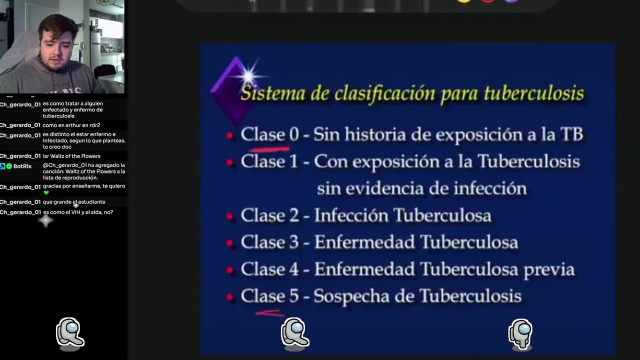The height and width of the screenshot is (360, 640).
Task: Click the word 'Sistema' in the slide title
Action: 273,93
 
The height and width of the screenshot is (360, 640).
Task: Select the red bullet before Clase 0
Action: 229,135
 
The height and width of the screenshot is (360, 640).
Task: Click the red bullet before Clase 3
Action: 229,243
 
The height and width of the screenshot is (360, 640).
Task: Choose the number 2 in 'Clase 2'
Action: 294,215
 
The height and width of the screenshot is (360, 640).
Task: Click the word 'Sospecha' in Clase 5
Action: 351,296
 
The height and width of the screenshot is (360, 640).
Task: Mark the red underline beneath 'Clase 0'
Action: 269,149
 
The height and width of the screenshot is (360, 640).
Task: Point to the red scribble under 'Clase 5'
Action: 269,313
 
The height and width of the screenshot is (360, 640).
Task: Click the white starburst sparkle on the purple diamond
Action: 248,76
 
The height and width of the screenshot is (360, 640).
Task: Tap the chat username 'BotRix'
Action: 22,166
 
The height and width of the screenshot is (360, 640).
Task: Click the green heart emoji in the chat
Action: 46,193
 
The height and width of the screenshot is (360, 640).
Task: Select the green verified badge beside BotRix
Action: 9,166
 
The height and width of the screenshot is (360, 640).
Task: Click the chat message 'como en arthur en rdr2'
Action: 71,125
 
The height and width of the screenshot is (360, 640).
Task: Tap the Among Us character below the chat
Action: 70,333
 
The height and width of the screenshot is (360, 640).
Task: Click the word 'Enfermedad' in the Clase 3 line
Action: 364,242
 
